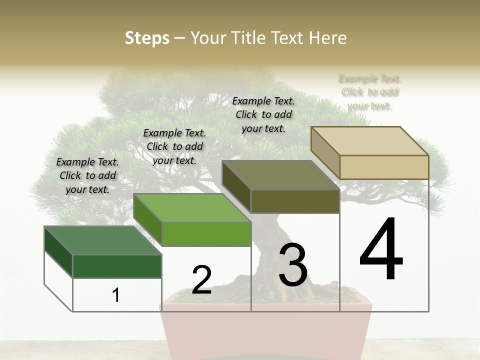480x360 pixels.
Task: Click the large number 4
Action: (381, 250)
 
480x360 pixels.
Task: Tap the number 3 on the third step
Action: (293, 264)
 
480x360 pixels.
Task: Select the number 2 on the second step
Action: (201, 279)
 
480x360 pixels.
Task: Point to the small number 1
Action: (116, 295)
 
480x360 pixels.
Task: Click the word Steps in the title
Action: (147, 38)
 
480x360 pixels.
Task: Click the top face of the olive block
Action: (280, 175)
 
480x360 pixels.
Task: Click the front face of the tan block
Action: (384, 167)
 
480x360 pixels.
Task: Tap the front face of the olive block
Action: (295, 201)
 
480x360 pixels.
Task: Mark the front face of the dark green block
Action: (117, 266)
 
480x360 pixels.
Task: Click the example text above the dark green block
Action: (87, 175)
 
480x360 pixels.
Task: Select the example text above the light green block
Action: (174, 146)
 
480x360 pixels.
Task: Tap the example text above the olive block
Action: (263, 114)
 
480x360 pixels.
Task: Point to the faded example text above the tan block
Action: (370, 92)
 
